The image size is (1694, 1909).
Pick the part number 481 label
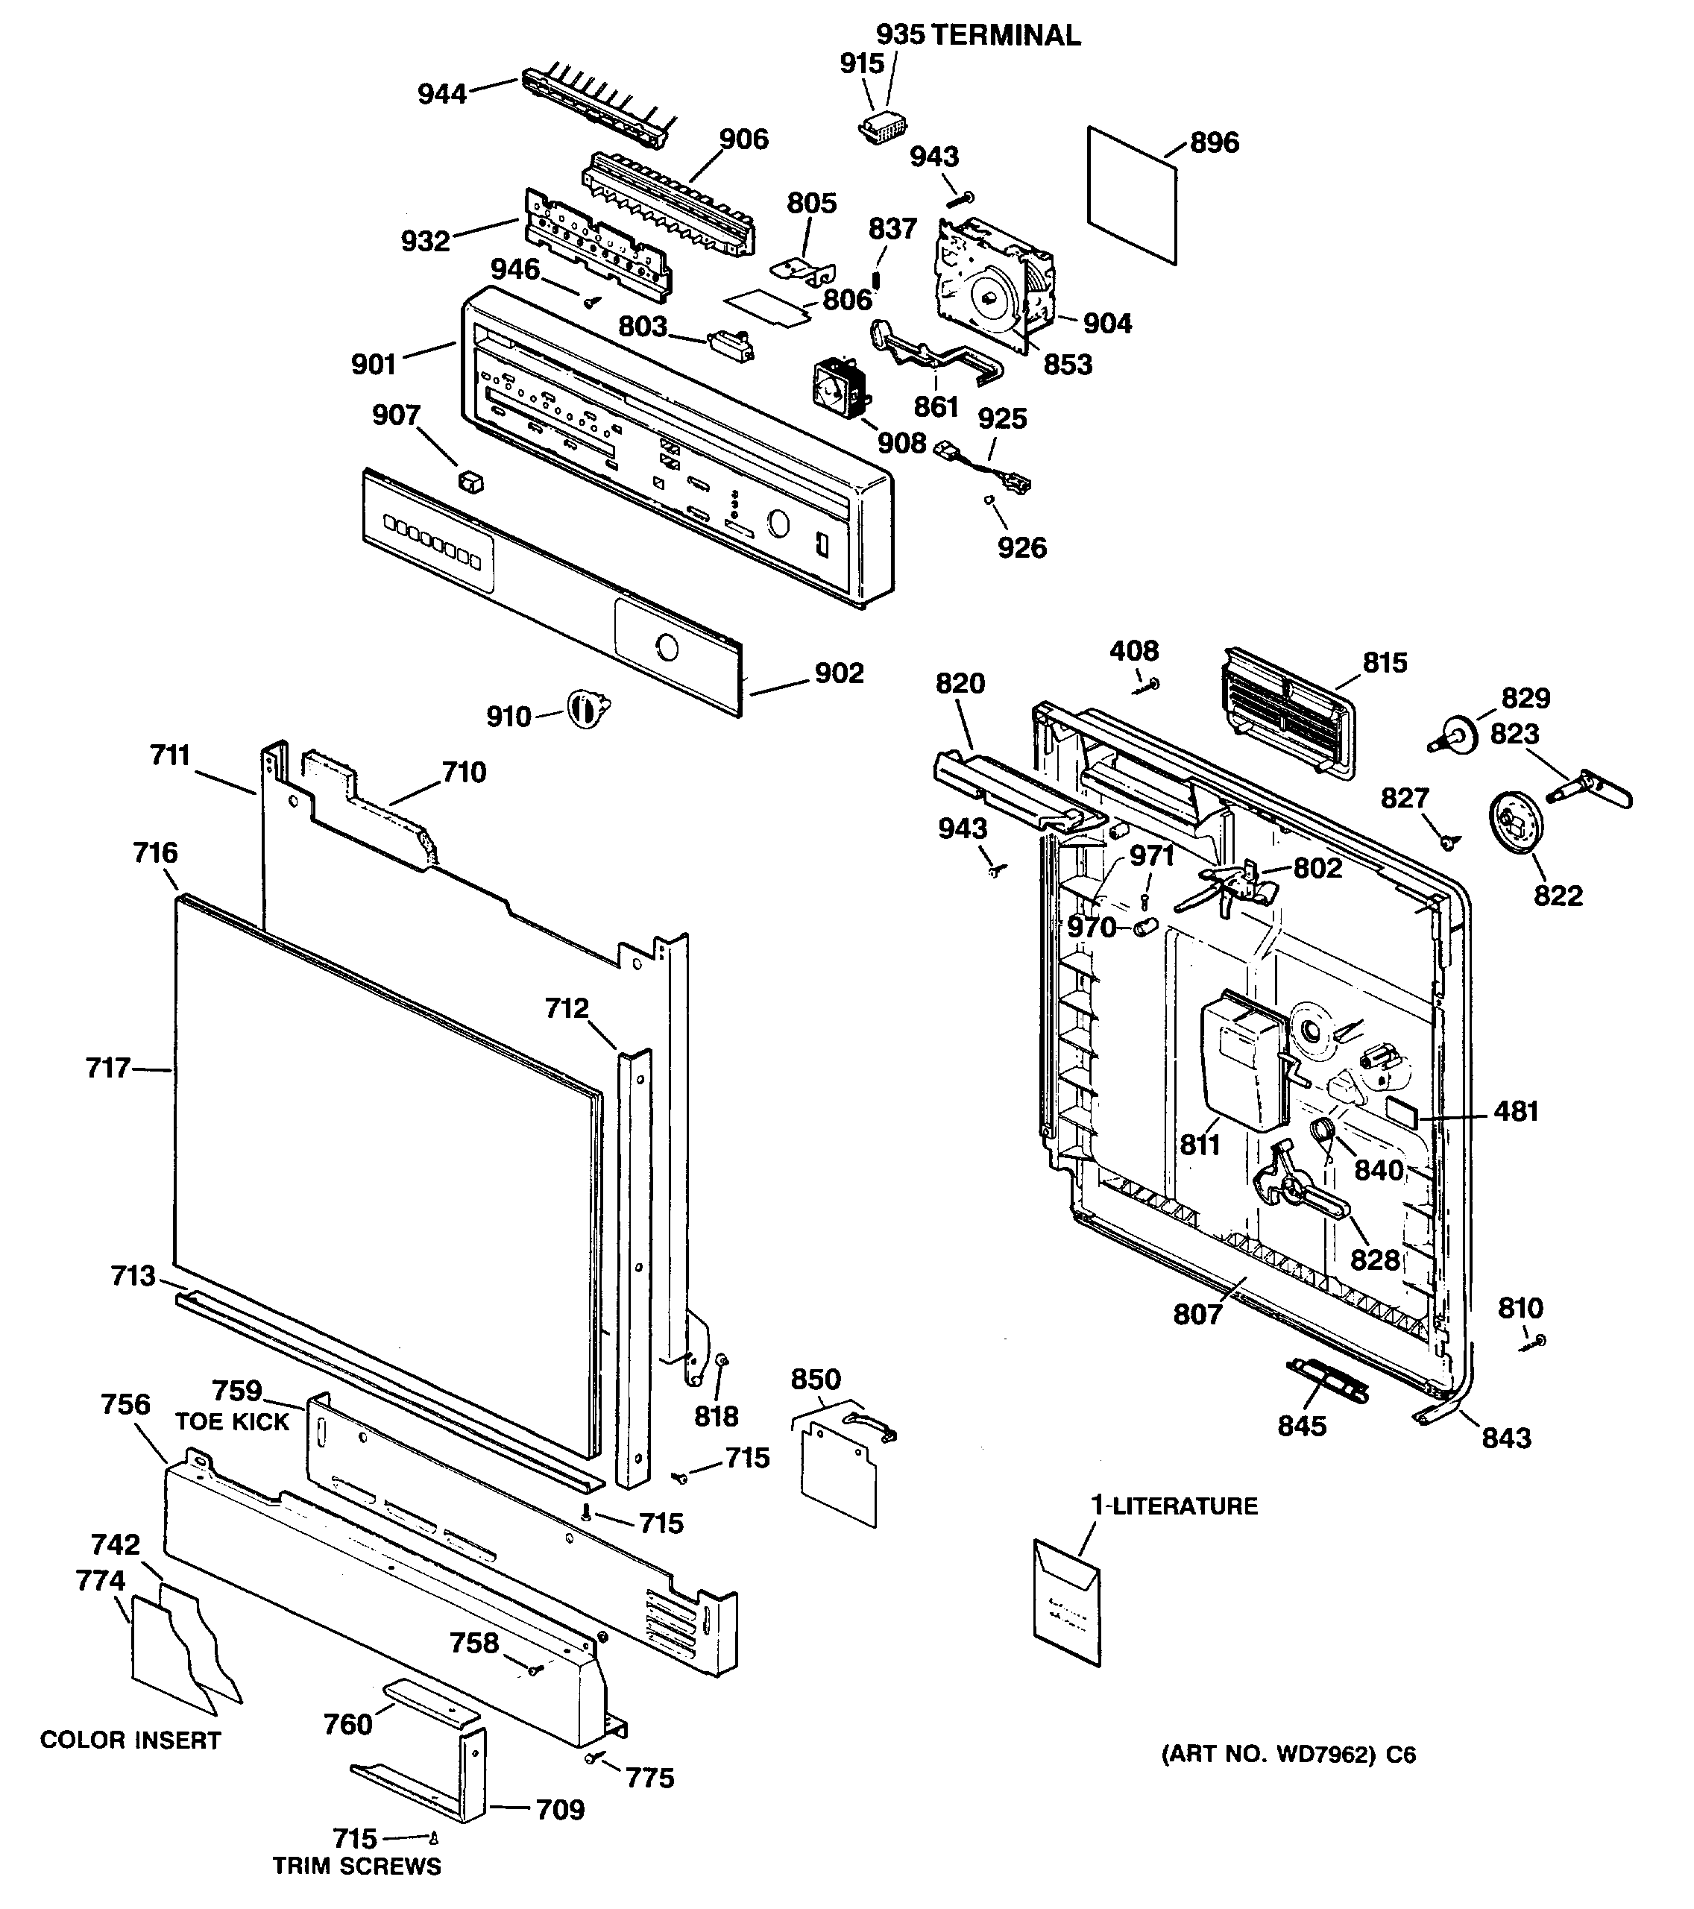click(1516, 1111)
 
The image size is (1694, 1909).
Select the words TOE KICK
click(233, 1421)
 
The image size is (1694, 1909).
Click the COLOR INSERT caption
click(130, 1740)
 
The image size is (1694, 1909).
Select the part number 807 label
click(1197, 1315)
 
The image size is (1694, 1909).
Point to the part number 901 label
click(374, 364)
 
